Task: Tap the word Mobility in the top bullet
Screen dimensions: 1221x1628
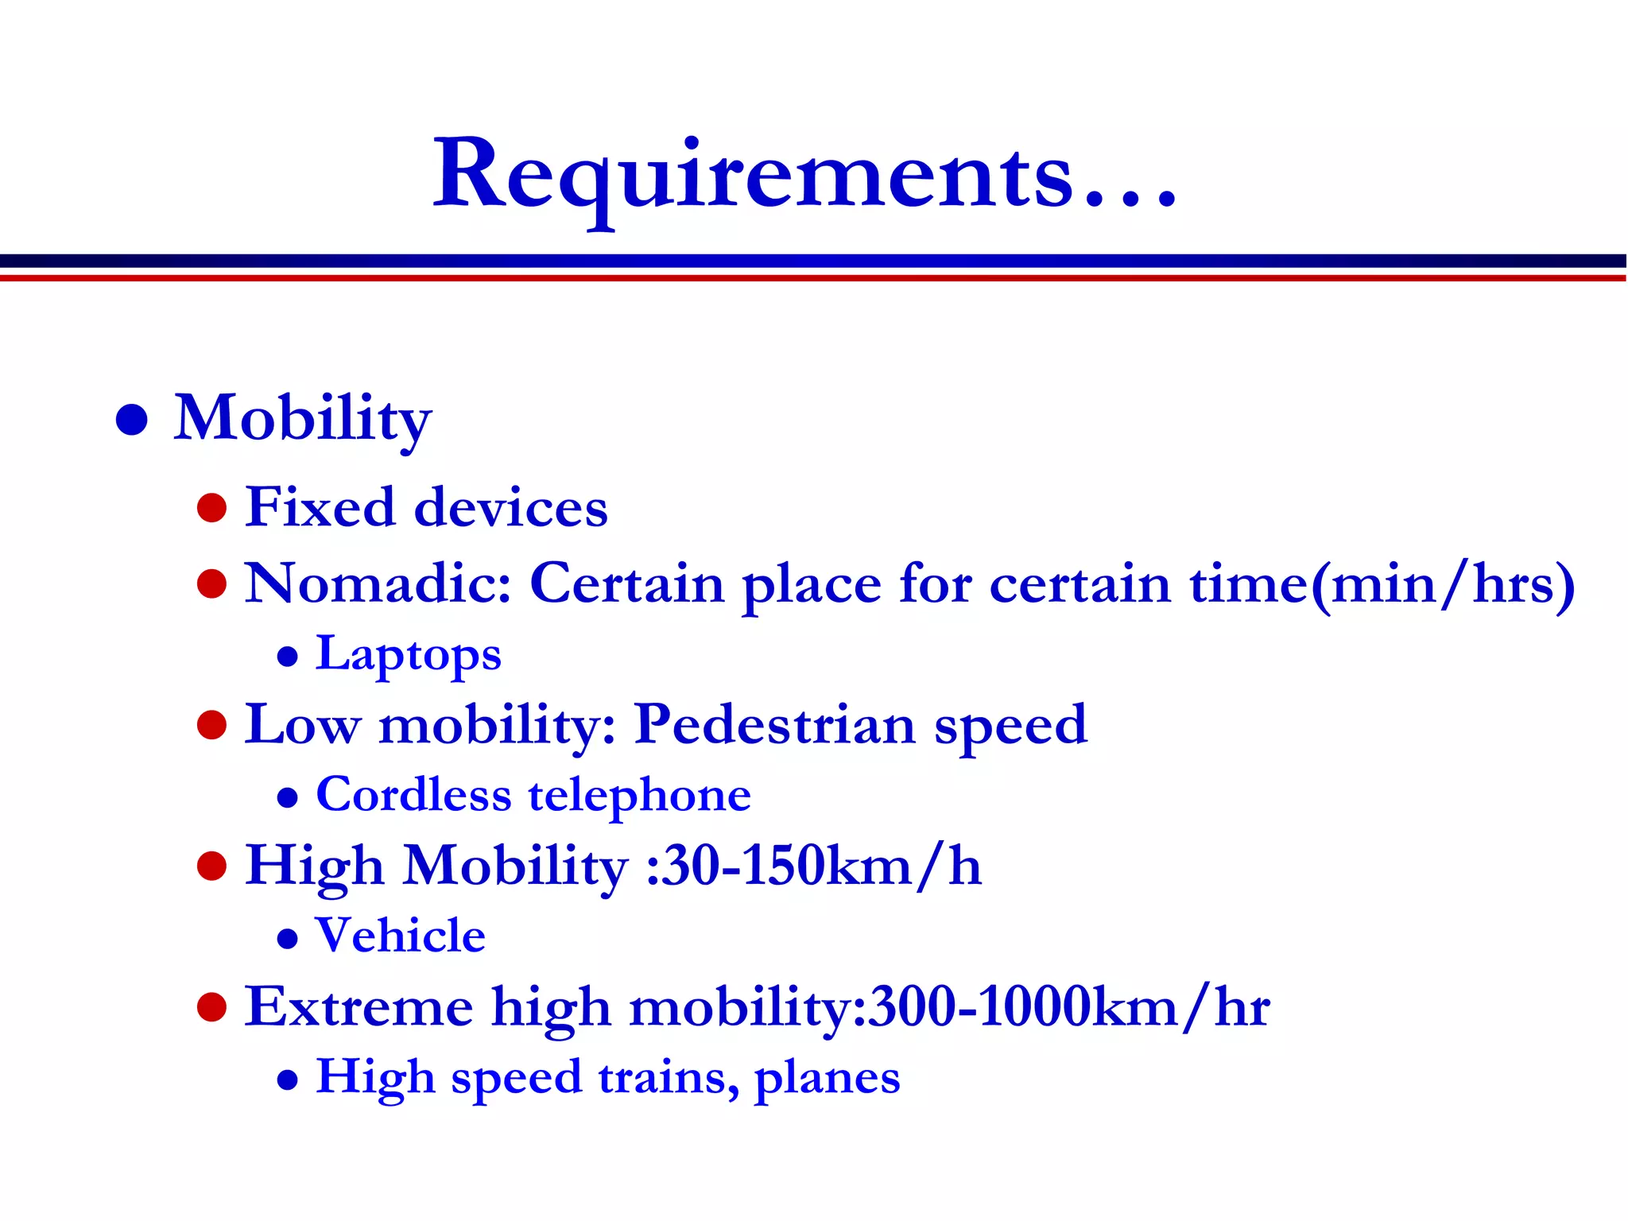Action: coord(302,419)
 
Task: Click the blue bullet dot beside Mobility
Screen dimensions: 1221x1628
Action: coord(132,419)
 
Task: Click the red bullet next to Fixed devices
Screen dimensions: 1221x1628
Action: coord(212,507)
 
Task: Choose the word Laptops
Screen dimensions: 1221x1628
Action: coord(409,655)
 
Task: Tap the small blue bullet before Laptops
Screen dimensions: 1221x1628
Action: coord(288,657)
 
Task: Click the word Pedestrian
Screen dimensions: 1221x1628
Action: coord(775,725)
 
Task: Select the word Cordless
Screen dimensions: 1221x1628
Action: coord(413,795)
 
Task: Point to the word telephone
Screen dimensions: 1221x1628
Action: coord(639,795)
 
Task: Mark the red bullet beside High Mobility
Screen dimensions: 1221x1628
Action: coord(212,866)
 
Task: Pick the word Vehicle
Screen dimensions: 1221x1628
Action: coord(401,936)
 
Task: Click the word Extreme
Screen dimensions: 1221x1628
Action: coord(359,1007)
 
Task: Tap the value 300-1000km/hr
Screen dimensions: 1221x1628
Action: coord(1070,1007)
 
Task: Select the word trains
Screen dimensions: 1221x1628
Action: coord(669,1078)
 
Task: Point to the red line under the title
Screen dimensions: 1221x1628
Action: coord(814,278)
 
